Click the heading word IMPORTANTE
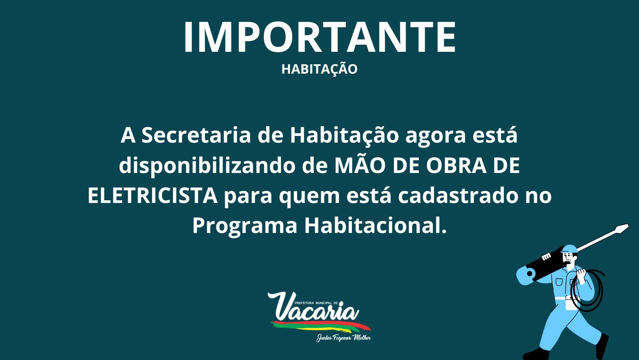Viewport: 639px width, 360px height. coord(319,37)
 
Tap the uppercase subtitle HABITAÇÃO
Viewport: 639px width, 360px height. coord(319,69)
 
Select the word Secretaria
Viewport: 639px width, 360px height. coord(196,135)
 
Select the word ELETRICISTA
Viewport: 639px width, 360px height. coord(153,196)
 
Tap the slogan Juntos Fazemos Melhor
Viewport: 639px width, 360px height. coord(344,338)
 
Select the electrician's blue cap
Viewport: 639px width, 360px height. coord(569,249)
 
